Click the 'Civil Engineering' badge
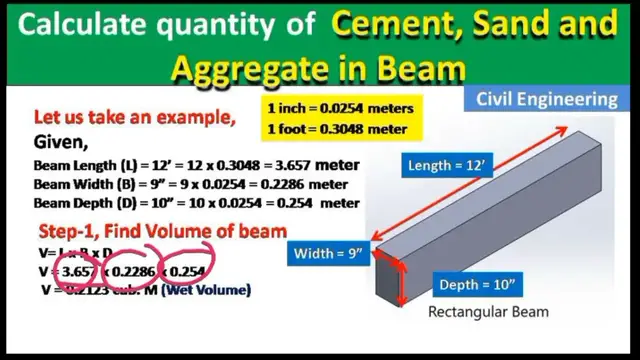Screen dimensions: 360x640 [546, 99]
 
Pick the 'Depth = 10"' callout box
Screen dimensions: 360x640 [477, 286]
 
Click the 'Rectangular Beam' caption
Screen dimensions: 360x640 [488, 313]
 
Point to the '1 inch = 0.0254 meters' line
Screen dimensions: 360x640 [340, 106]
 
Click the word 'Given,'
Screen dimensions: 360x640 [61, 141]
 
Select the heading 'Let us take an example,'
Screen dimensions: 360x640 [135, 118]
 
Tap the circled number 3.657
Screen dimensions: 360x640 [77, 272]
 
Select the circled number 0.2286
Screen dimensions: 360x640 [136, 272]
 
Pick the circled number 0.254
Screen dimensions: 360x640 [187, 272]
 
